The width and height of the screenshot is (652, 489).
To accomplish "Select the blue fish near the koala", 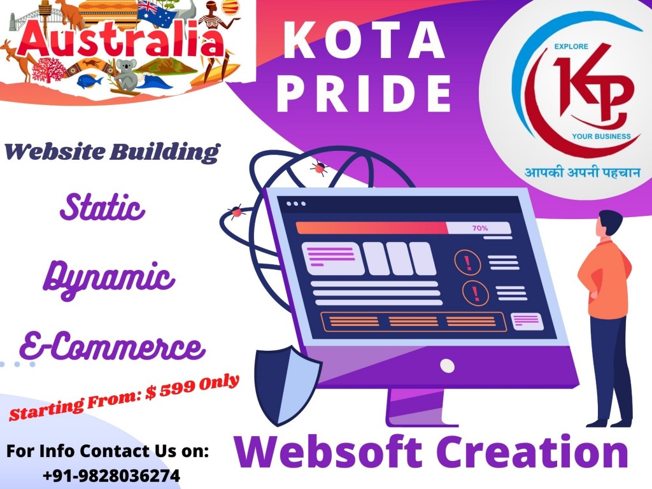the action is [89, 80].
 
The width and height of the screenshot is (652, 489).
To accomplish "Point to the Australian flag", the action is [157, 13].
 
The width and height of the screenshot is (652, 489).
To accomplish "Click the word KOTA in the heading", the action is [364, 40].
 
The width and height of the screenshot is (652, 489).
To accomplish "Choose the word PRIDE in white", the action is [364, 93].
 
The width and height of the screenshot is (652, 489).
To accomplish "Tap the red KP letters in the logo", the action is [592, 90].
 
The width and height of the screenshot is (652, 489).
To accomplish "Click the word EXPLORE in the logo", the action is [571, 46].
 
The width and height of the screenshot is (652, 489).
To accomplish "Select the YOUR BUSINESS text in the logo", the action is [601, 136].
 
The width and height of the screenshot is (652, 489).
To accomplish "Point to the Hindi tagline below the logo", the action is [582, 171].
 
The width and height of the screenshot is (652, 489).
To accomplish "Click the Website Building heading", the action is [111, 152].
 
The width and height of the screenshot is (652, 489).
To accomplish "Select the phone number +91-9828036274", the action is [111, 476].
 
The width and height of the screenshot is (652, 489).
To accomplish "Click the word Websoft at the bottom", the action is [328, 451].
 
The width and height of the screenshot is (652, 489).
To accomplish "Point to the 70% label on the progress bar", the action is [480, 228].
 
